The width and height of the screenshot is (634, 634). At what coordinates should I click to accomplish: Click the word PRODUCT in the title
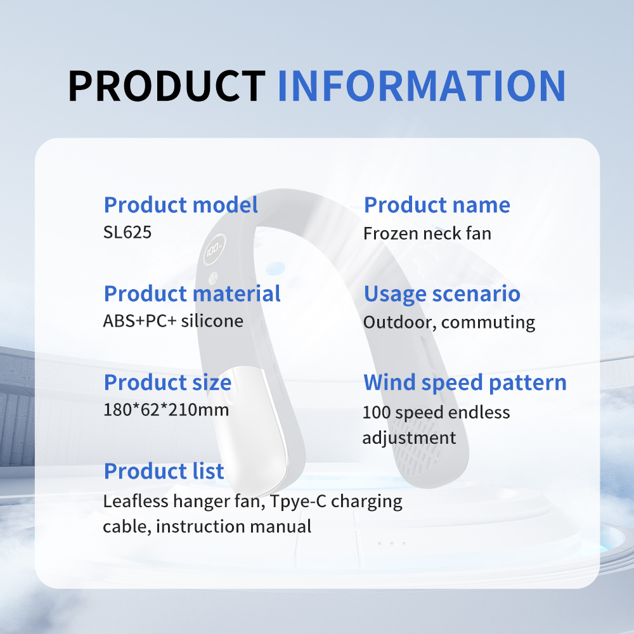(167, 86)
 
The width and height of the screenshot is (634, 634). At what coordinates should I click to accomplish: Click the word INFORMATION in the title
(422, 86)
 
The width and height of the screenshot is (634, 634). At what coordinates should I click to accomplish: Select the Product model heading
(181, 205)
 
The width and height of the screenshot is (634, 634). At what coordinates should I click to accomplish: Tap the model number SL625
(127, 232)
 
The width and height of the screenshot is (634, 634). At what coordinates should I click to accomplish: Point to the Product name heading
(437, 205)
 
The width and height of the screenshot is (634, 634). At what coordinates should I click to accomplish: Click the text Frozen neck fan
(427, 233)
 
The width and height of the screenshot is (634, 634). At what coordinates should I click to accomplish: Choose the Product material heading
(192, 294)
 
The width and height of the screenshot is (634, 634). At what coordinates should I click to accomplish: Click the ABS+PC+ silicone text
(173, 321)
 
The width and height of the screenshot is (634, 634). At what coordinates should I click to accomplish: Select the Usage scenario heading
(442, 294)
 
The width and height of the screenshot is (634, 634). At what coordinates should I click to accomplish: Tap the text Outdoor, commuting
(449, 323)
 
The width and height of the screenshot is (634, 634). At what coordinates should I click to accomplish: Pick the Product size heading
(167, 383)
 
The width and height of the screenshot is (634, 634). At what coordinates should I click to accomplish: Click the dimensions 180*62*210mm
(165, 410)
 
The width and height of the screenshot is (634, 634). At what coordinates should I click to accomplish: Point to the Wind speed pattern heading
(465, 383)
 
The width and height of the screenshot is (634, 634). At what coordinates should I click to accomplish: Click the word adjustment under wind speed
(409, 438)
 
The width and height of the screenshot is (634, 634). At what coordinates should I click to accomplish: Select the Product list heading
(164, 471)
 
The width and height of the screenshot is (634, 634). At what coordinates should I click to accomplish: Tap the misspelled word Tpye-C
(298, 501)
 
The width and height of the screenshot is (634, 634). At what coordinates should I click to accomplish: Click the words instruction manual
(233, 526)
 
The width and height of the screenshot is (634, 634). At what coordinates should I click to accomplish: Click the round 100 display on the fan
(214, 249)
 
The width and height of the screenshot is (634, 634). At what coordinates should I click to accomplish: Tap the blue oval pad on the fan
(275, 268)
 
